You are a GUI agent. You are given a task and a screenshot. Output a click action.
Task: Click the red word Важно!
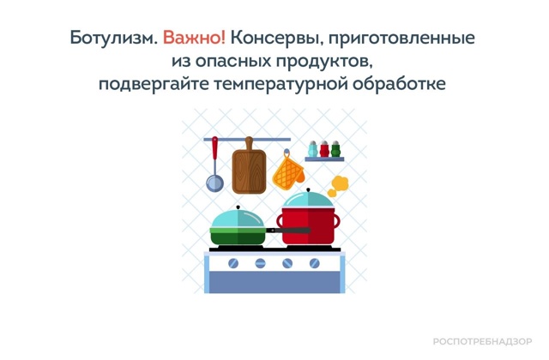[x=195, y=38]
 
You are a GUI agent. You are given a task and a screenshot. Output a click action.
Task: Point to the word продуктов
[x=323, y=62]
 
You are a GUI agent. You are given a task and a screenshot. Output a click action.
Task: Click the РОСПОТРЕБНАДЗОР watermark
[x=482, y=341]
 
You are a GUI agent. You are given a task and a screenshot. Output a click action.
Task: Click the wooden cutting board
[x=249, y=167]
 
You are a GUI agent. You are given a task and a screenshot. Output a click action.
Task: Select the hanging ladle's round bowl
[x=214, y=183]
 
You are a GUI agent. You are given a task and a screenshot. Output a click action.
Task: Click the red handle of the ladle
[x=214, y=148]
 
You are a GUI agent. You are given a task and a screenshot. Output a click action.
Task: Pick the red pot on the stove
[x=308, y=225]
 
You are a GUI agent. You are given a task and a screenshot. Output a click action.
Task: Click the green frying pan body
[x=238, y=237]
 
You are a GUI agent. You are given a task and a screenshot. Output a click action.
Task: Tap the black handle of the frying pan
[x=288, y=231]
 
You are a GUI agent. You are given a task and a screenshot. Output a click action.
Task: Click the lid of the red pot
[x=308, y=199]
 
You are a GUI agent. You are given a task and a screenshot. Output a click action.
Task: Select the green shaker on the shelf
[x=335, y=149]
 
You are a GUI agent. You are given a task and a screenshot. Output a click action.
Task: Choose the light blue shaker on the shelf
[x=312, y=149]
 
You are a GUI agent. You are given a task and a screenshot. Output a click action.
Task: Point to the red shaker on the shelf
[x=324, y=149]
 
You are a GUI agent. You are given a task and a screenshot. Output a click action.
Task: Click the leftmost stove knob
[x=233, y=263]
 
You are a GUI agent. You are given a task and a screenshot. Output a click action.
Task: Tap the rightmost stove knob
[x=315, y=263]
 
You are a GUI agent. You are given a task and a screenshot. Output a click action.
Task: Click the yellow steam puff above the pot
[x=338, y=186]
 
